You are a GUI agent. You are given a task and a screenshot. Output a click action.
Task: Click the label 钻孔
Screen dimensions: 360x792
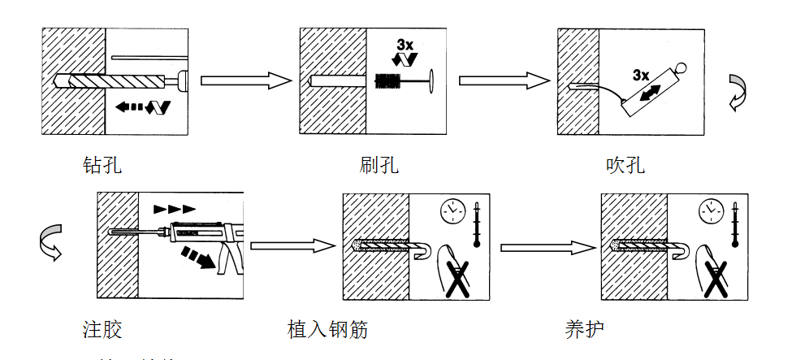point(102,165)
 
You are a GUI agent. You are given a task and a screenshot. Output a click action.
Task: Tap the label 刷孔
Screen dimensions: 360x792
point(379,165)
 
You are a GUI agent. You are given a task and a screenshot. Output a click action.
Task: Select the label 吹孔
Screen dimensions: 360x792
point(625,165)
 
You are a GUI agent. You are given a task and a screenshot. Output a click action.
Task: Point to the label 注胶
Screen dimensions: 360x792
point(102,329)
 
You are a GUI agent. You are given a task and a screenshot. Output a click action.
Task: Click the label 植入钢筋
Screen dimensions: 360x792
point(327,329)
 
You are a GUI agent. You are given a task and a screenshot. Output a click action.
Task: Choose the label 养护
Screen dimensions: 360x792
point(585,329)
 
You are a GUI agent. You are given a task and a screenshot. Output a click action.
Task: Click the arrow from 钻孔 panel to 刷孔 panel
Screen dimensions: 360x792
point(245,80)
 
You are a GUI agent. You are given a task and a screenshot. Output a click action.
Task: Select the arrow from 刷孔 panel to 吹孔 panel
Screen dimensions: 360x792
point(504,80)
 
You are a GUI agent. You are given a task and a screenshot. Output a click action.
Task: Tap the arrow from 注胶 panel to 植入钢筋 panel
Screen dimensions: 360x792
point(293,245)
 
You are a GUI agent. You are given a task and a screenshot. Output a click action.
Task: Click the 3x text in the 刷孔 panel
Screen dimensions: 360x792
point(405,43)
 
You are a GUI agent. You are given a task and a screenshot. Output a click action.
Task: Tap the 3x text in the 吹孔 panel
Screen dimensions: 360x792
point(641,75)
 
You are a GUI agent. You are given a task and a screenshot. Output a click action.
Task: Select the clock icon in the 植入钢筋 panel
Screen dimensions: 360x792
point(451,210)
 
